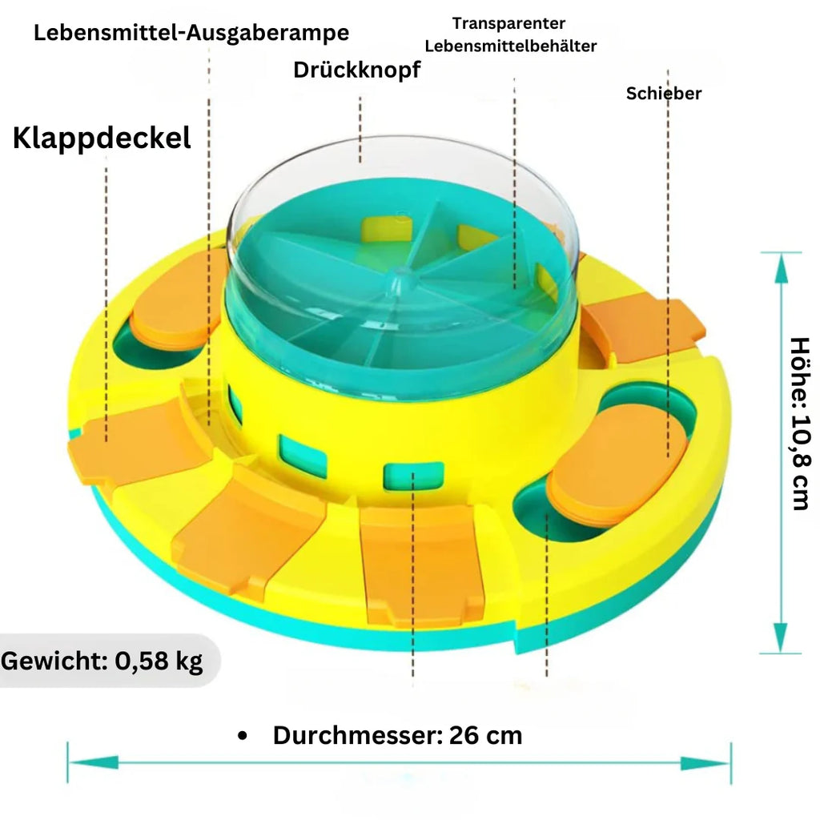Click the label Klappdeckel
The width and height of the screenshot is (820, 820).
point(102,139)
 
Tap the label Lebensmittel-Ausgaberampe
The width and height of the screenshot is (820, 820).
point(191,33)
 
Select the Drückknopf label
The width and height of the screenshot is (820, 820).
point(356,70)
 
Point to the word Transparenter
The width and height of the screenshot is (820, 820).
point(508,23)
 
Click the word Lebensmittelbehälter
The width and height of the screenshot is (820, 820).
point(510,46)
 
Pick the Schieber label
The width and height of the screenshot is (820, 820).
point(664,93)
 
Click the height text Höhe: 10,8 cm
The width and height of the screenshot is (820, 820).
point(800,424)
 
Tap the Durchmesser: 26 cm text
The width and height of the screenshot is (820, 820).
point(397,735)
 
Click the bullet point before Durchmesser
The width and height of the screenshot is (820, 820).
point(242,736)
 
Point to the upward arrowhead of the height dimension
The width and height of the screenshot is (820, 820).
point(781,268)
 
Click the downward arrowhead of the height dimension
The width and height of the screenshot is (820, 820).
point(781,637)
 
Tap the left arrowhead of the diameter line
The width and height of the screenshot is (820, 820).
point(93,763)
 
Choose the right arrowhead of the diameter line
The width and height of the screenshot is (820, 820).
point(705,763)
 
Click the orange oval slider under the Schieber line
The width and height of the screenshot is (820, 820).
point(617,462)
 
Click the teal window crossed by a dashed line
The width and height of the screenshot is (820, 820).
point(414,476)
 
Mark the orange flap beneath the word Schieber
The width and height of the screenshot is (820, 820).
point(643,325)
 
